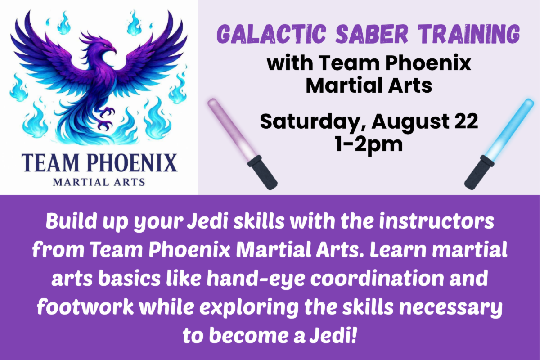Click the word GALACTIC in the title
271,34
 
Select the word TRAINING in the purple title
468,34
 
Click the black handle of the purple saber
263,172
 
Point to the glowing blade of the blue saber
509,130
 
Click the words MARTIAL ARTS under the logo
99,182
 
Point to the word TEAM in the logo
50,163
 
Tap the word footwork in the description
85,307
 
